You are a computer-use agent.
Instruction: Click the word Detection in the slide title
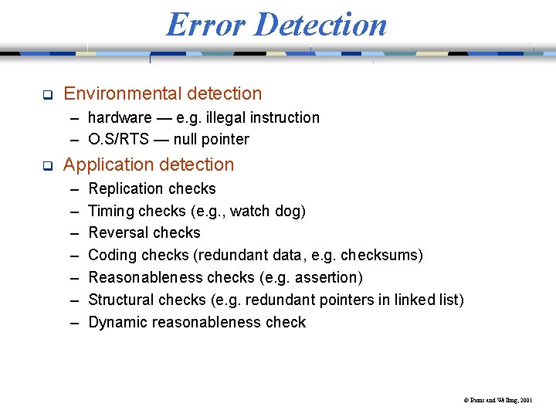(320, 24)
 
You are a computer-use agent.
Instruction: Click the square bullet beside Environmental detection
(46, 95)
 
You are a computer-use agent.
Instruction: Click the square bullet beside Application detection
(46, 166)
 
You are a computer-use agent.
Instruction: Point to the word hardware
(120, 117)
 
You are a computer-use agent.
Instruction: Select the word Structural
(122, 300)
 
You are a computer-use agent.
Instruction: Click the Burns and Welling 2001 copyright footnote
(497, 401)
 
